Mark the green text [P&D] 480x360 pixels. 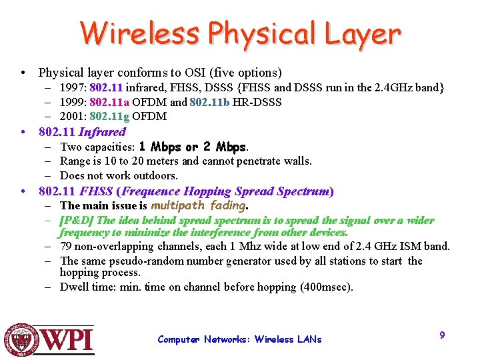click(77, 220)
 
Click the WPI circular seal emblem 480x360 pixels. click(22, 341)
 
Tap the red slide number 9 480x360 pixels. click(442, 335)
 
